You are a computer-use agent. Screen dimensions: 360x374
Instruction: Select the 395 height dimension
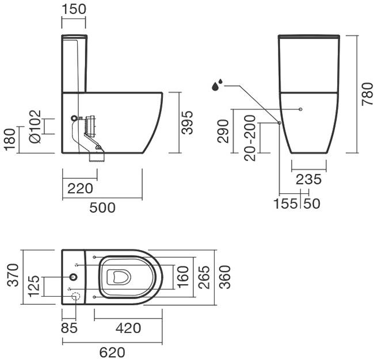click(x=188, y=122)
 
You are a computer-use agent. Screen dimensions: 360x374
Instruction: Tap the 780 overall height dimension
click(x=367, y=93)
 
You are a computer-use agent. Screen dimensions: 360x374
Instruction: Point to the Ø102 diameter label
click(x=35, y=126)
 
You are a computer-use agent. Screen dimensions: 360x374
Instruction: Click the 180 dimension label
click(x=9, y=140)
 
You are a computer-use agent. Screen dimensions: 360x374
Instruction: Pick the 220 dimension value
click(x=79, y=188)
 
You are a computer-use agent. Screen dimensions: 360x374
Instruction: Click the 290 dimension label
click(x=224, y=131)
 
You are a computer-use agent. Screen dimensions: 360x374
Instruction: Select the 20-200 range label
click(x=249, y=139)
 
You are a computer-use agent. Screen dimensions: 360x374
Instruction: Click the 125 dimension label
click(x=35, y=286)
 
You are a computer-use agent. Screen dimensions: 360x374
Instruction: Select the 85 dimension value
click(x=68, y=328)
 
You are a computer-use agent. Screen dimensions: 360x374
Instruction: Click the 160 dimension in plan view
click(x=182, y=277)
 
